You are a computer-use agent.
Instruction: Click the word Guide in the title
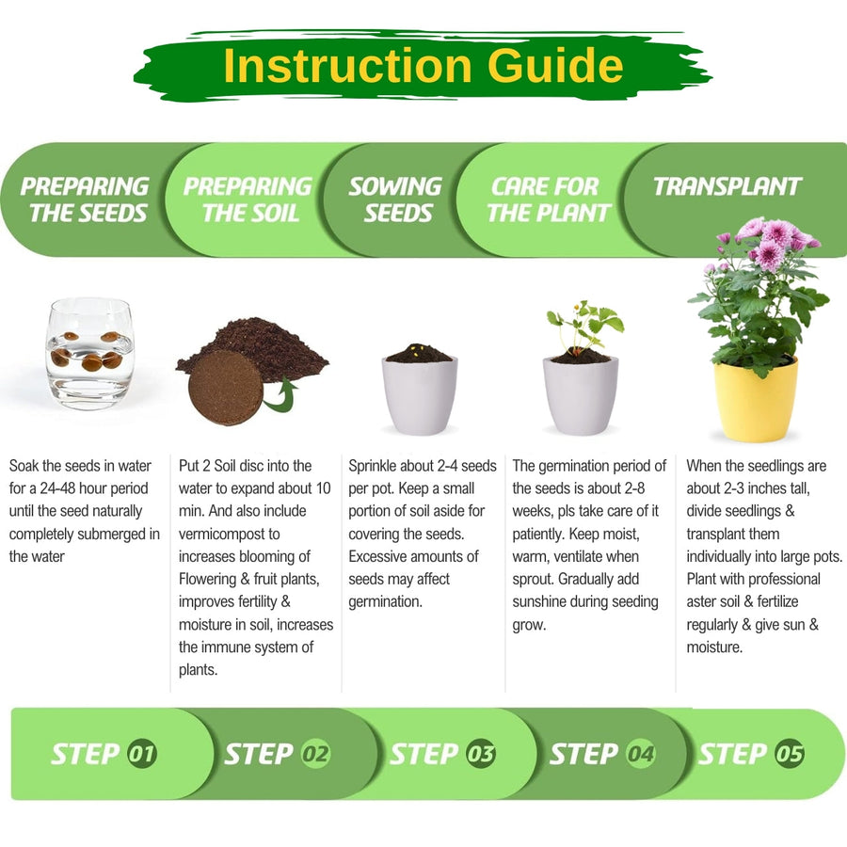555,66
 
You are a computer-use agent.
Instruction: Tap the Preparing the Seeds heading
86,200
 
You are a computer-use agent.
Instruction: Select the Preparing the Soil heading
248,200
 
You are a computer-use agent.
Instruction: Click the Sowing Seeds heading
396,200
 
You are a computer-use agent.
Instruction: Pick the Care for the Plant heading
549,200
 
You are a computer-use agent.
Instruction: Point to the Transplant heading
727,186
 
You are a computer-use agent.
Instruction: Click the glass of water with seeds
89,354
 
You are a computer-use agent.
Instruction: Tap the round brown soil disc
226,387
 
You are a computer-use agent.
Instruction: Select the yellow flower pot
755,400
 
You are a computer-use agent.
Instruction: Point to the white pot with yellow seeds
420,392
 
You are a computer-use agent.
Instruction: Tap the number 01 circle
142,753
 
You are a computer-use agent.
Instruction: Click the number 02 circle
315,753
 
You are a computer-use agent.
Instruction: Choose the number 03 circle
480,753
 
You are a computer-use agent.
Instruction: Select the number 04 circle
641,753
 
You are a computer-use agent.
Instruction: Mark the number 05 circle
790,753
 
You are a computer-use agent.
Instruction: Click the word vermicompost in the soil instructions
229,535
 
